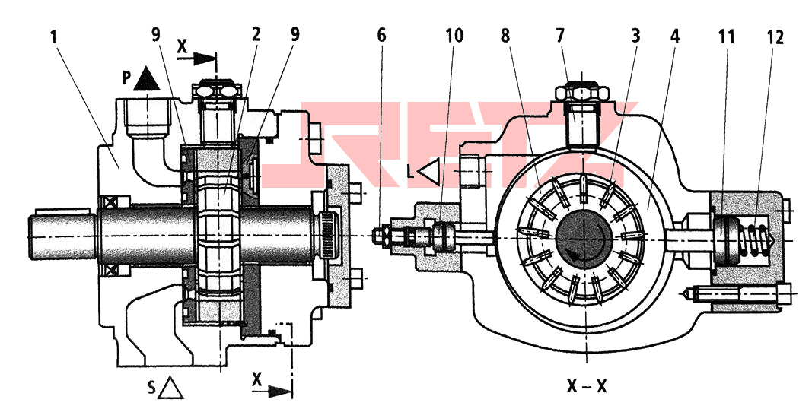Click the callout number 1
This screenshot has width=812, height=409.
(x=53, y=38)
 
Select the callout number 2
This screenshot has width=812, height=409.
(x=256, y=35)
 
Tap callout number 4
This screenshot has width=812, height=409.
(x=675, y=36)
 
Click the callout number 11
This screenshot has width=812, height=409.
(x=726, y=36)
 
